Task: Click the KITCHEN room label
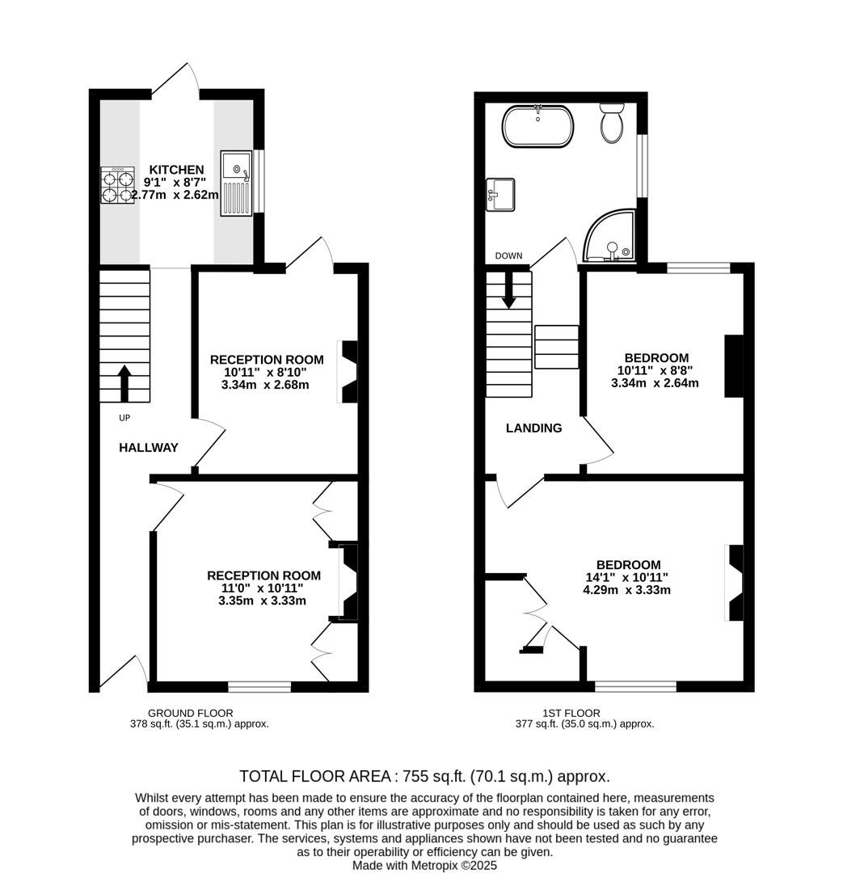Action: pos(175,169)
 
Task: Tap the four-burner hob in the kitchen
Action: pos(117,186)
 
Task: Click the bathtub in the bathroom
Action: pos(538,126)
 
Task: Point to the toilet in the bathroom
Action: pos(612,123)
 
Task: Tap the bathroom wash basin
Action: pos(500,195)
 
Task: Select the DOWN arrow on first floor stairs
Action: pos(508,290)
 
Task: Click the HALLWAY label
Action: pos(149,448)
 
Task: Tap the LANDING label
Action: pos(533,428)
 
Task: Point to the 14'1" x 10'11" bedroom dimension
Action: pos(626,577)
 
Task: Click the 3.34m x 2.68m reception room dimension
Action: pos(265,385)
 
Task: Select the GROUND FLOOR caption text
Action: pos(190,713)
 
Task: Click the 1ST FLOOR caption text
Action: pos(571,713)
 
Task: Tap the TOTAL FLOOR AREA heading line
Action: pos(424,776)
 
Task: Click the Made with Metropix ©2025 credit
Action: pos(424,865)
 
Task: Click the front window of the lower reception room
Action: pos(259,687)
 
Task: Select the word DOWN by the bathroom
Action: pos(508,256)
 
